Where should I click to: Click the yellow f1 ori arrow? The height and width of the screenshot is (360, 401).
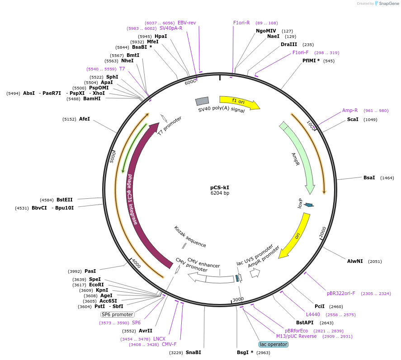(240, 102)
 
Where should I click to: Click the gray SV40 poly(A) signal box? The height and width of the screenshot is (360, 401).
(202, 102)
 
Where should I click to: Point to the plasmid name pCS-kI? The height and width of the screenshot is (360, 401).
(220, 187)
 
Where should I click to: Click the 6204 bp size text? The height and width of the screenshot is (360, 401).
(220, 193)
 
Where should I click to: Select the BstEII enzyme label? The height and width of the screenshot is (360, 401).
(64, 200)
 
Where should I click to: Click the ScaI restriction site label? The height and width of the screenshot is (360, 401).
(353, 120)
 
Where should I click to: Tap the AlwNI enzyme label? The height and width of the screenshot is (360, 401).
(355, 261)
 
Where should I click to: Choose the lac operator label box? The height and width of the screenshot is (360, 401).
(273, 344)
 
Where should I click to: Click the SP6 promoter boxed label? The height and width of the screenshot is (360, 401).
(118, 314)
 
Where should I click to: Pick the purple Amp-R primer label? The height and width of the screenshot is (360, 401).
(350, 110)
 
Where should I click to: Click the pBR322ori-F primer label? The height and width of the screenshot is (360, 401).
(341, 293)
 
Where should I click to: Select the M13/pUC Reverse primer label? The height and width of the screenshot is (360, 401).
(297, 336)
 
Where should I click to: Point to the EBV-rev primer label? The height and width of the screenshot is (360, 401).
(187, 23)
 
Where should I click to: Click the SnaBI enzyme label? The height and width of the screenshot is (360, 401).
(193, 352)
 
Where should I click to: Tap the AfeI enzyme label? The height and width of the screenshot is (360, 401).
(85, 119)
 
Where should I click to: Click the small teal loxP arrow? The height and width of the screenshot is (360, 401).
(309, 205)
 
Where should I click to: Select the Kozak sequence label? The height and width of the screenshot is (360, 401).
(190, 237)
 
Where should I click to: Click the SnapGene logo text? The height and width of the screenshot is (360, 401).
(388, 4)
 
